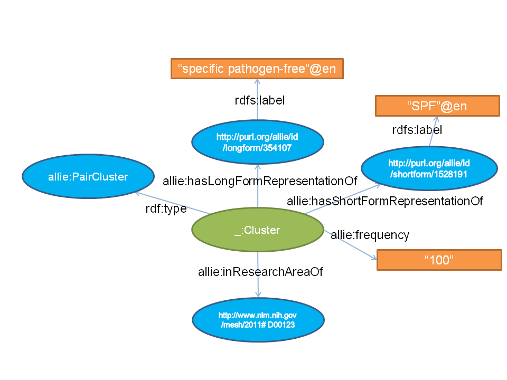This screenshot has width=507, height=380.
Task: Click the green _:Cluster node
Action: click(257, 231)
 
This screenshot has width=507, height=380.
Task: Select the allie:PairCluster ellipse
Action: click(88, 177)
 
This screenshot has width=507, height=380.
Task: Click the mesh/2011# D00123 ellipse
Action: click(257, 320)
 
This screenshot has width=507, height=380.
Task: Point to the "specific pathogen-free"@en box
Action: click(257, 69)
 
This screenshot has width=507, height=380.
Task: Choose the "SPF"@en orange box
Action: click(437, 106)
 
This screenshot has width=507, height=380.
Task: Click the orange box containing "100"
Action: click(439, 260)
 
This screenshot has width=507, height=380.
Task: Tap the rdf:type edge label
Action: click(166, 209)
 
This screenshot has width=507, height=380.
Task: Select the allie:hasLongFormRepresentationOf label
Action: click(260, 182)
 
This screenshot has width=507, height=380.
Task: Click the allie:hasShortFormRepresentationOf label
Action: click(384, 201)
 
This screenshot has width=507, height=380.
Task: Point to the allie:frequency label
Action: click(370, 235)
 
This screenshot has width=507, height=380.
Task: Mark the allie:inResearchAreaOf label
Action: click(260, 272)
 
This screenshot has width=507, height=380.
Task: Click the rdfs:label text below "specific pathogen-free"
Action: click(259, 100)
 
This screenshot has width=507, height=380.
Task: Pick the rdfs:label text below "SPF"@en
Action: click(417, 130)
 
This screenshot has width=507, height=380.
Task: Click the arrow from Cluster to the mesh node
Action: click(258, 285)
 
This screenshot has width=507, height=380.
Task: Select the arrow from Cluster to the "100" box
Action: click(351, 245)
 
